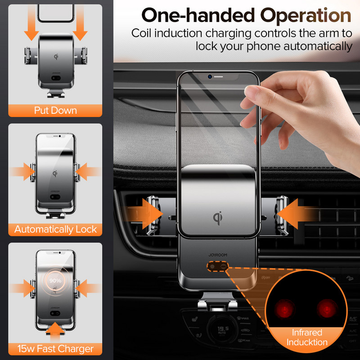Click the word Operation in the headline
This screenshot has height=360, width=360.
point(306,15)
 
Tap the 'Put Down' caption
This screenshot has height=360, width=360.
point(55,110)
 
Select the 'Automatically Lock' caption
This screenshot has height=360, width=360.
point(55,229)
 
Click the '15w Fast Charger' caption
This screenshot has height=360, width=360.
point(55,349)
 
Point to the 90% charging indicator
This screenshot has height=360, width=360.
point(55,280)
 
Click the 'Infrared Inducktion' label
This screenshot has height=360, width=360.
point(307,337)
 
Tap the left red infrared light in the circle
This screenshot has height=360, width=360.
point(284,309)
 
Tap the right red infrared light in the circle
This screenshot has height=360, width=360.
point(327,309)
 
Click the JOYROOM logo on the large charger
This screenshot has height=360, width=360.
point(218,255)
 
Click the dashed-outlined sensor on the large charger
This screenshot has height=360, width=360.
point(217,266)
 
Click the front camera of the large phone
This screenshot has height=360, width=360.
point(210,76)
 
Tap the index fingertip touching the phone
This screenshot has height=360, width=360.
point(249,91)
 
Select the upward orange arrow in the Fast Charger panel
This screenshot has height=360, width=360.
point(55,331)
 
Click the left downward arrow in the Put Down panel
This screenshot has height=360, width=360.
point(31,23)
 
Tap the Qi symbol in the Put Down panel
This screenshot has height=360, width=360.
point(56,57)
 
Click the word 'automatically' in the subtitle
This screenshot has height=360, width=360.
point(318,46)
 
